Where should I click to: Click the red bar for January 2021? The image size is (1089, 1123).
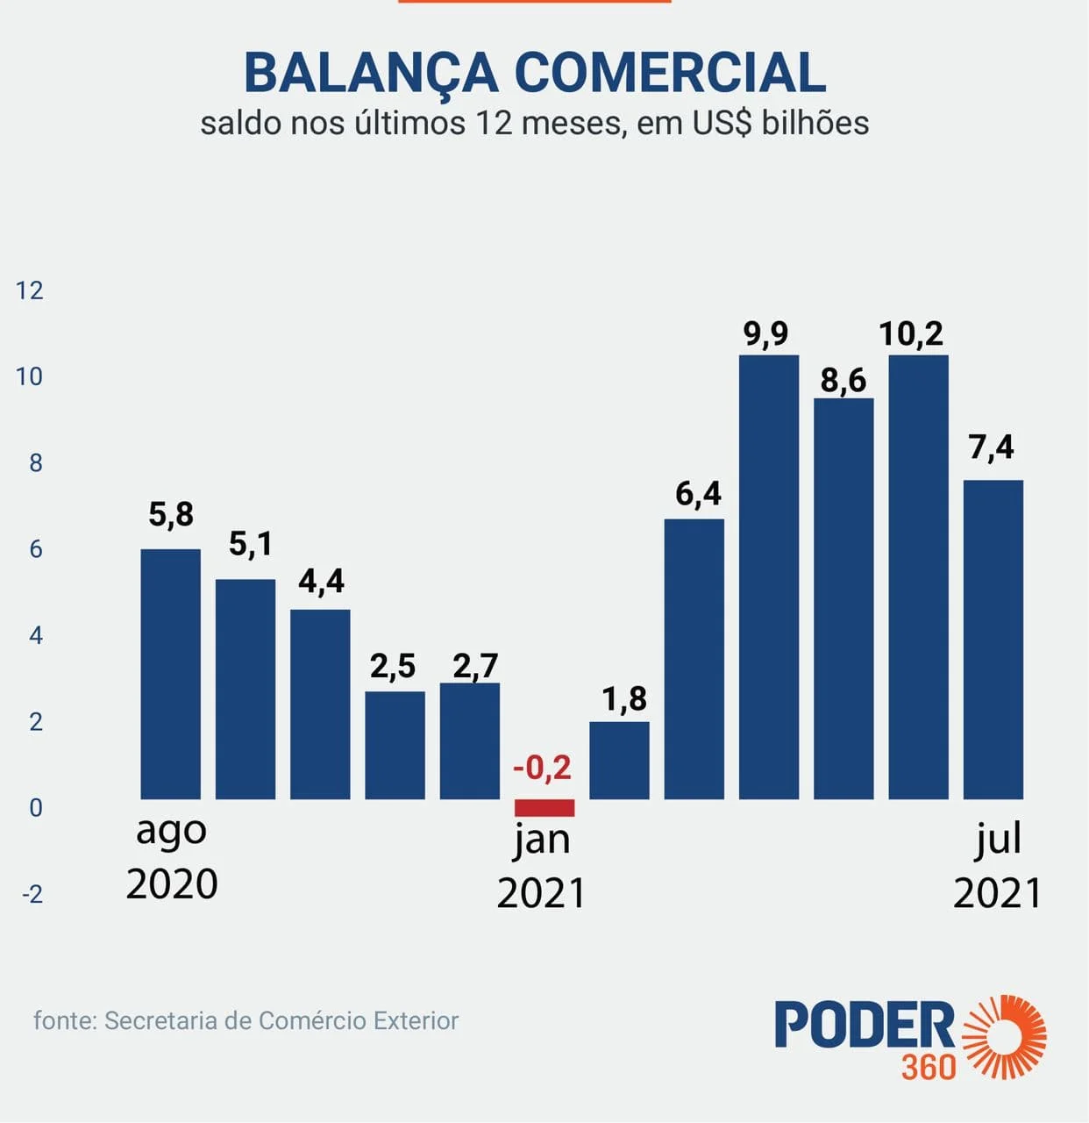tap(544, 807)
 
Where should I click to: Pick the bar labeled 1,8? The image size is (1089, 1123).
tap(619, 760)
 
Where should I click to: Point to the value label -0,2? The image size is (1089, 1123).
tap(542, 769)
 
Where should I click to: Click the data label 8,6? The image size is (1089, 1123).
tap(843, 380)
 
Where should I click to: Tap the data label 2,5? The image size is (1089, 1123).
tap(393, 667)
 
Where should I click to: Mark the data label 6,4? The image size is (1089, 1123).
tap(698, 494)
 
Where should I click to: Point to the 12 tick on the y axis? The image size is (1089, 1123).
tap(30, 290)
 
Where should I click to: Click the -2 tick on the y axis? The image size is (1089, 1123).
tap(32, 894)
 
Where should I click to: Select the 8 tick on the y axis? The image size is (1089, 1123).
tap(35, 463)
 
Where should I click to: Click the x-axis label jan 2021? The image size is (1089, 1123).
tap(541, 867)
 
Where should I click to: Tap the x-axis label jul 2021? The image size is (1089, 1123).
tap(998, 867)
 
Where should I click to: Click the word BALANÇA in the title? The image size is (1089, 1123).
tap(370, 73)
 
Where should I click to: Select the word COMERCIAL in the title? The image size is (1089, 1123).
tap(670, 73)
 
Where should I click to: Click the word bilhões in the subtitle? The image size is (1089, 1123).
tap(815, 123)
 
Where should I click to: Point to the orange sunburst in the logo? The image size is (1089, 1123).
tap(1005, 1036)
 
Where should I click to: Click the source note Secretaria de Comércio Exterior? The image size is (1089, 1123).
tap(281, 1020)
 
